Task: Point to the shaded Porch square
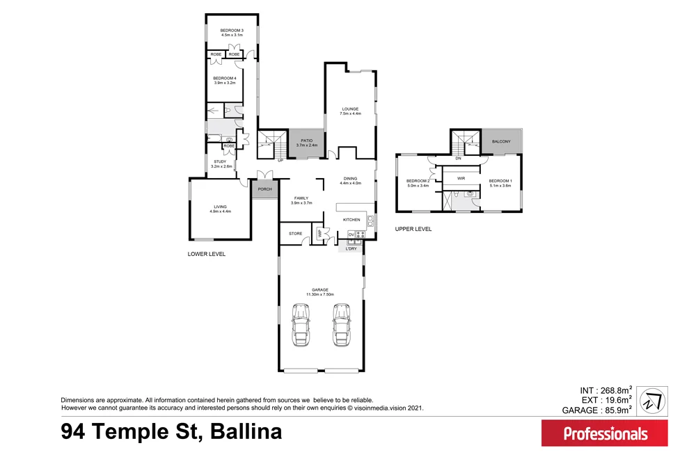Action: tap(264, 189)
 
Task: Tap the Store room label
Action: tap(295, 234)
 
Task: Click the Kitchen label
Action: tap(351, 220)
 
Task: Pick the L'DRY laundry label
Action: tap(351, 248)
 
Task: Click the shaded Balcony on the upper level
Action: tap(501, 143)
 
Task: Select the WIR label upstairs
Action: tap(461, 178)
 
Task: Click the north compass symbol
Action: tap(652, 401)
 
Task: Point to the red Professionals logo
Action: tap(604, 433)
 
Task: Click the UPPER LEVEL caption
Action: tap(413, 229)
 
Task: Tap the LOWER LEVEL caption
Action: tap(207, 255)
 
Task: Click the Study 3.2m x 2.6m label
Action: tap(221, 163)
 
